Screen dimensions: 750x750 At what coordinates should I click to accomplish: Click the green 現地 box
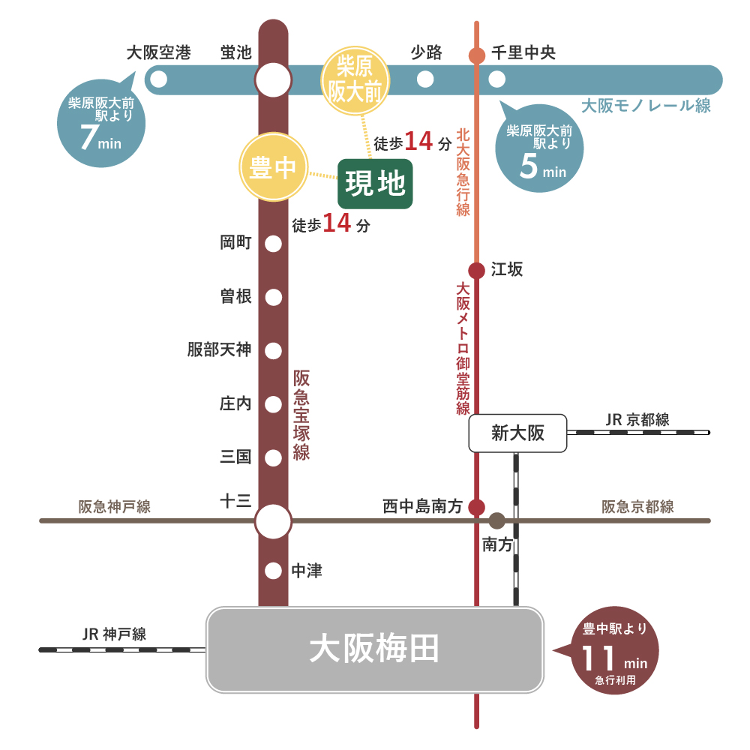[375, 184]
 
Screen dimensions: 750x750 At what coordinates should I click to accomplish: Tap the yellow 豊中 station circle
[274, 168]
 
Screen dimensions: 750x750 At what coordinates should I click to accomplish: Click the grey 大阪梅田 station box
[374, 649]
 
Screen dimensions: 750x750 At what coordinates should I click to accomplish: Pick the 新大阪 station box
[517, 433]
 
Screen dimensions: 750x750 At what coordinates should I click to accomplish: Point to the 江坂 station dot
[476, 270]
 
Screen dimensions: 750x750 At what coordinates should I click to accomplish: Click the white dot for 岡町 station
[274, 243]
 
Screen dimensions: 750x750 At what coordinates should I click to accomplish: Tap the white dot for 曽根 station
[274, 297]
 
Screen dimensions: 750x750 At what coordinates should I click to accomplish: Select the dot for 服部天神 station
[274, 350]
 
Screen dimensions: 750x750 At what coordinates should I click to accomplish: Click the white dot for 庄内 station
[274, 404]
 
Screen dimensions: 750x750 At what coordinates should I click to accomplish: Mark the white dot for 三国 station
[274, 457]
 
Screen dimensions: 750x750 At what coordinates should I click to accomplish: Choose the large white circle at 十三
[273, 520]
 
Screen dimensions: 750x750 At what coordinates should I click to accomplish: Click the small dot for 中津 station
[274, 571]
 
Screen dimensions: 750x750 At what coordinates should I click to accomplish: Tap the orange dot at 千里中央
[476, 55]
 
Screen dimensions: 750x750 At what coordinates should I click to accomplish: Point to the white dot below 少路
[425, 79]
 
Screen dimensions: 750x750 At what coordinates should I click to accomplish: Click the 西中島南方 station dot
[476, 507]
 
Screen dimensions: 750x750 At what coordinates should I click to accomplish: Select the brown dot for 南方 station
[496, 520]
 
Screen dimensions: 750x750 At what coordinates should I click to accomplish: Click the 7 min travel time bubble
[97, 124]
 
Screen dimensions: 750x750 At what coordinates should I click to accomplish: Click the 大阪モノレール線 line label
[646, 106]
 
